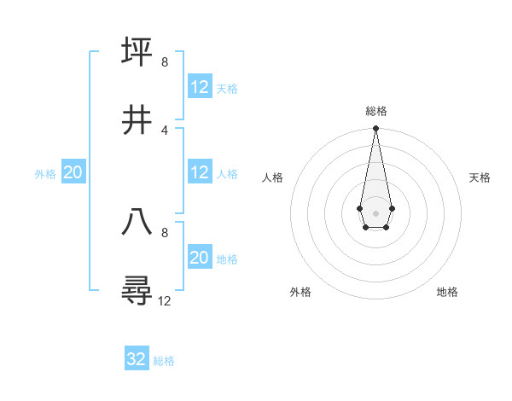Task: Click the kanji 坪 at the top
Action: pyautogui.click(x=137, y=51)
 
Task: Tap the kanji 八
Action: pyautogui.click(x=137, y=223)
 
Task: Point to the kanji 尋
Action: pyautogui.click(x=137, y=291)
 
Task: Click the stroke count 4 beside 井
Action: pyautogui.click(x=165, y=131)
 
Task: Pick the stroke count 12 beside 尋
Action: pyautogui.click(x=165, y=301)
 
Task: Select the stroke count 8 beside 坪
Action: pyautogui.click(x=165, y=62)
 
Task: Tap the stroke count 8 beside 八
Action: pyautogui.click(x=165, y=232)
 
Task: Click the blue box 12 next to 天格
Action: pyautogui.click(x=200, y=86)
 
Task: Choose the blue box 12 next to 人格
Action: pyautogui.click(x=200, y=171)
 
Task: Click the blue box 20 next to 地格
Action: pyautogui.click(x=200, y=257)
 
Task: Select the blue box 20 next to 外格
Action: pyautogui.click(x=73, y=171)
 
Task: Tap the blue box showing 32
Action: pyautogui.click(x=137, y=359)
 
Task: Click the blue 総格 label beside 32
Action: pyautogui.click(x=164, y=361)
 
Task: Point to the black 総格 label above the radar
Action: pyautogui.click(x=376, y=111)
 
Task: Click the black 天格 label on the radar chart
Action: pyautogui.click(x=480, y=177)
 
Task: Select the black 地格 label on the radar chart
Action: pyautogui.click(x=447, y=292)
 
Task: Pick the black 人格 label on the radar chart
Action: pyautogui.click(x=273, y=177)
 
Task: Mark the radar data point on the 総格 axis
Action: pyautogui.click(x=375, y=129)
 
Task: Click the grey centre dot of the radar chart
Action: pyautogui.click(x=375, y=212)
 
